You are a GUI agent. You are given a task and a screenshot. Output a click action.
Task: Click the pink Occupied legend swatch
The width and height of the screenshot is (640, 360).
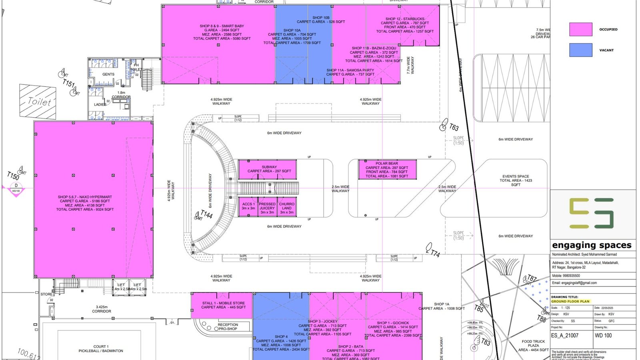click(580, 30)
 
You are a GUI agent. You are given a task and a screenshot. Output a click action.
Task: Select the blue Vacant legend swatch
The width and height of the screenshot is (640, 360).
click(580, 50)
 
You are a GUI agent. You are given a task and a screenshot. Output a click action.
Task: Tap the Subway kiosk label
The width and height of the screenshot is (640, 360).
click(269, 169)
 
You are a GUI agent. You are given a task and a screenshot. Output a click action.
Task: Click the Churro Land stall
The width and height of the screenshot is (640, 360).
click(287, 208)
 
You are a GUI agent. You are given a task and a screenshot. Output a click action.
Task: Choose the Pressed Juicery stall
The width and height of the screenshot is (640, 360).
click(267, 208)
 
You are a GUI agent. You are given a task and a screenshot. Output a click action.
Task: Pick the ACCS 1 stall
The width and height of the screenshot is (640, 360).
click(248, 206)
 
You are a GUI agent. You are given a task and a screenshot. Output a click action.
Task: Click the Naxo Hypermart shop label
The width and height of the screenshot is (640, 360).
click(85, 203)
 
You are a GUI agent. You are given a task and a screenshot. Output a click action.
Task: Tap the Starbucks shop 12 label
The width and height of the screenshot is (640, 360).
click(405, 25)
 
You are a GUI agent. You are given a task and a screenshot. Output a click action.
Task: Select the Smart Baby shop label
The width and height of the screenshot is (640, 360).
click(222, 32)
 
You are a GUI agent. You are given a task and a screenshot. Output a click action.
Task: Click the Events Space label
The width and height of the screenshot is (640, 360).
click(516, 180)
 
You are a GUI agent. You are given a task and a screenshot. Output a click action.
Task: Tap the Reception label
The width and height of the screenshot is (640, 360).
click(228, 326)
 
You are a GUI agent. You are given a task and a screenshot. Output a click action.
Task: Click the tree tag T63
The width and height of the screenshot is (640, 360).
click(454, 127)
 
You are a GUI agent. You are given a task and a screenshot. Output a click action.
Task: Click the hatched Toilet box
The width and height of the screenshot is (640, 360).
click(38, 102)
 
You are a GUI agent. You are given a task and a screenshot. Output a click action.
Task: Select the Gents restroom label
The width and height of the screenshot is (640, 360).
click(108, 74)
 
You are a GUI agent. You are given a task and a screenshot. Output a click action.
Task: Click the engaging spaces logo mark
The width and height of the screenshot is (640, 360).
click(591, 213)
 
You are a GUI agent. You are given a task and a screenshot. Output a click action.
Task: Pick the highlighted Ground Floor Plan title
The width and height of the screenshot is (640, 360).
click(570, 301)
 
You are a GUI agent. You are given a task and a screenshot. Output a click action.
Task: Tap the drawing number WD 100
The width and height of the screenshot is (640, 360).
click(603, 336)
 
